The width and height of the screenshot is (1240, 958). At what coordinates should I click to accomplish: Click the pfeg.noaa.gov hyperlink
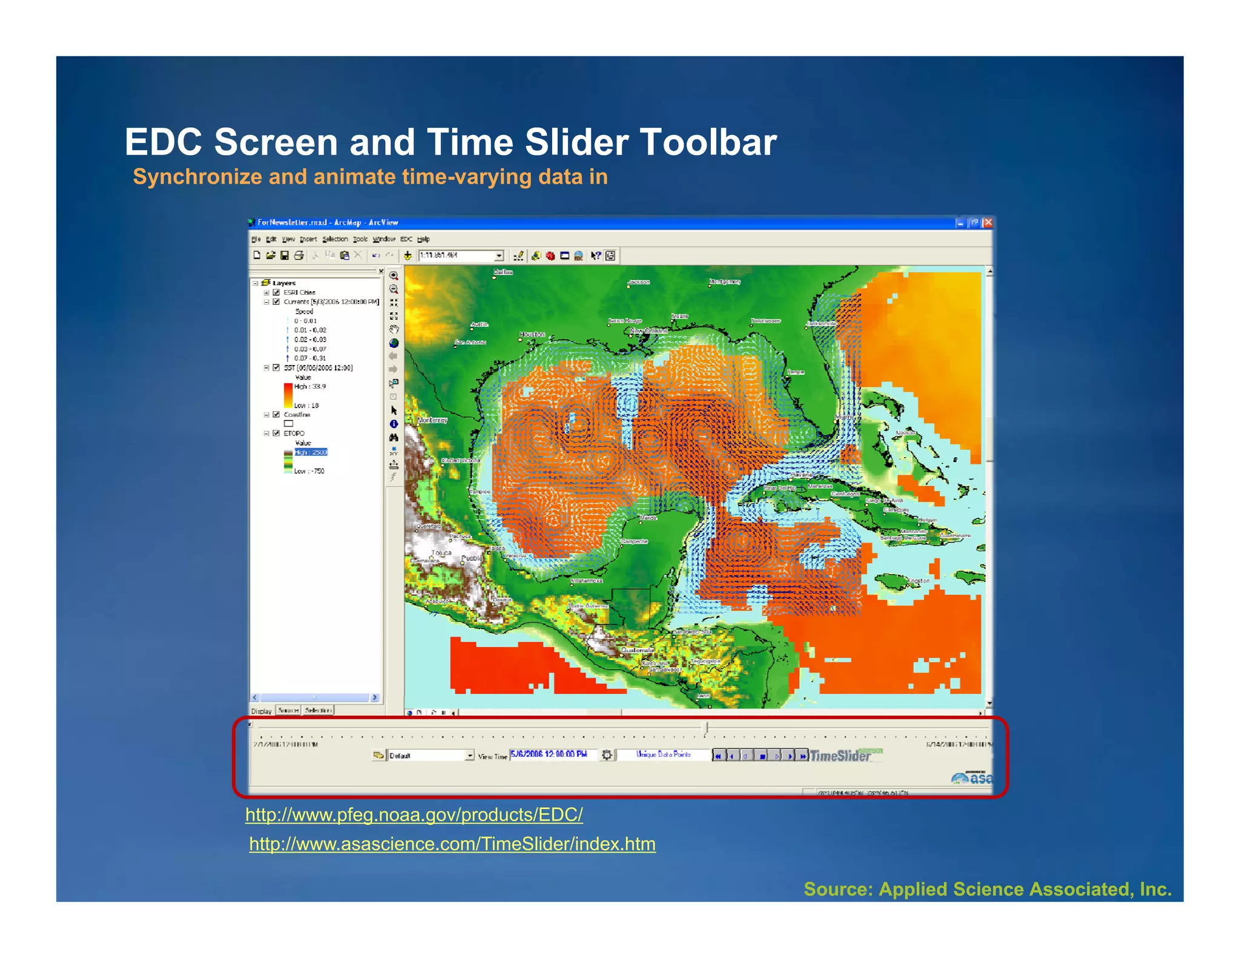(414, 814)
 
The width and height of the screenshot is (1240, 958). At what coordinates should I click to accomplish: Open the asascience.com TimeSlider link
(452, 844)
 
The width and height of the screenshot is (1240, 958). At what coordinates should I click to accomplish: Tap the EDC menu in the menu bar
(406, 239)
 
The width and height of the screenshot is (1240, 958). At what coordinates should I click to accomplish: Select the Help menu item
(423, 239)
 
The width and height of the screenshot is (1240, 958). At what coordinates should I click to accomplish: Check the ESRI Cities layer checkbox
(277, 292)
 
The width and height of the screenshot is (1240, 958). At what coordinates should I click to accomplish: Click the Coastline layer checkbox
(277, 415)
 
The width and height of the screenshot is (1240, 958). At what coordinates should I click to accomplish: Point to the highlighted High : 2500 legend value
(311, 452)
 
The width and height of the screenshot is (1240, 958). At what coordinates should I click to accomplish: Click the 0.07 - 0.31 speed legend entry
(310, 358)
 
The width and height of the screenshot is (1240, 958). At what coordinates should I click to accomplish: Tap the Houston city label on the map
(532, 334)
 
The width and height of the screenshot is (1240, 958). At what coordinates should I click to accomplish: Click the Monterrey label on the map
(432, 420)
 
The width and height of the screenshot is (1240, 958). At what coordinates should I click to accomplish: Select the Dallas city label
(503, 273)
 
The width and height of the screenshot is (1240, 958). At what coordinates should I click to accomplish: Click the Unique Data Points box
(663, 755)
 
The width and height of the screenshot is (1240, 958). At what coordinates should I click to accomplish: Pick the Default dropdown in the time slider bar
(430, 755)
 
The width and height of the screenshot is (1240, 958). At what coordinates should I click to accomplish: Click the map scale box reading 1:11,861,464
(460, 256)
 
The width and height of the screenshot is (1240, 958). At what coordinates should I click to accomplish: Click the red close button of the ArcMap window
(988, 223)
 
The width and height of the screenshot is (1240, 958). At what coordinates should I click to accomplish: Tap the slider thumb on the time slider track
(705, 727)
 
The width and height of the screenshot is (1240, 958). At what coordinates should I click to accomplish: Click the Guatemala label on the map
(636, 650)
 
